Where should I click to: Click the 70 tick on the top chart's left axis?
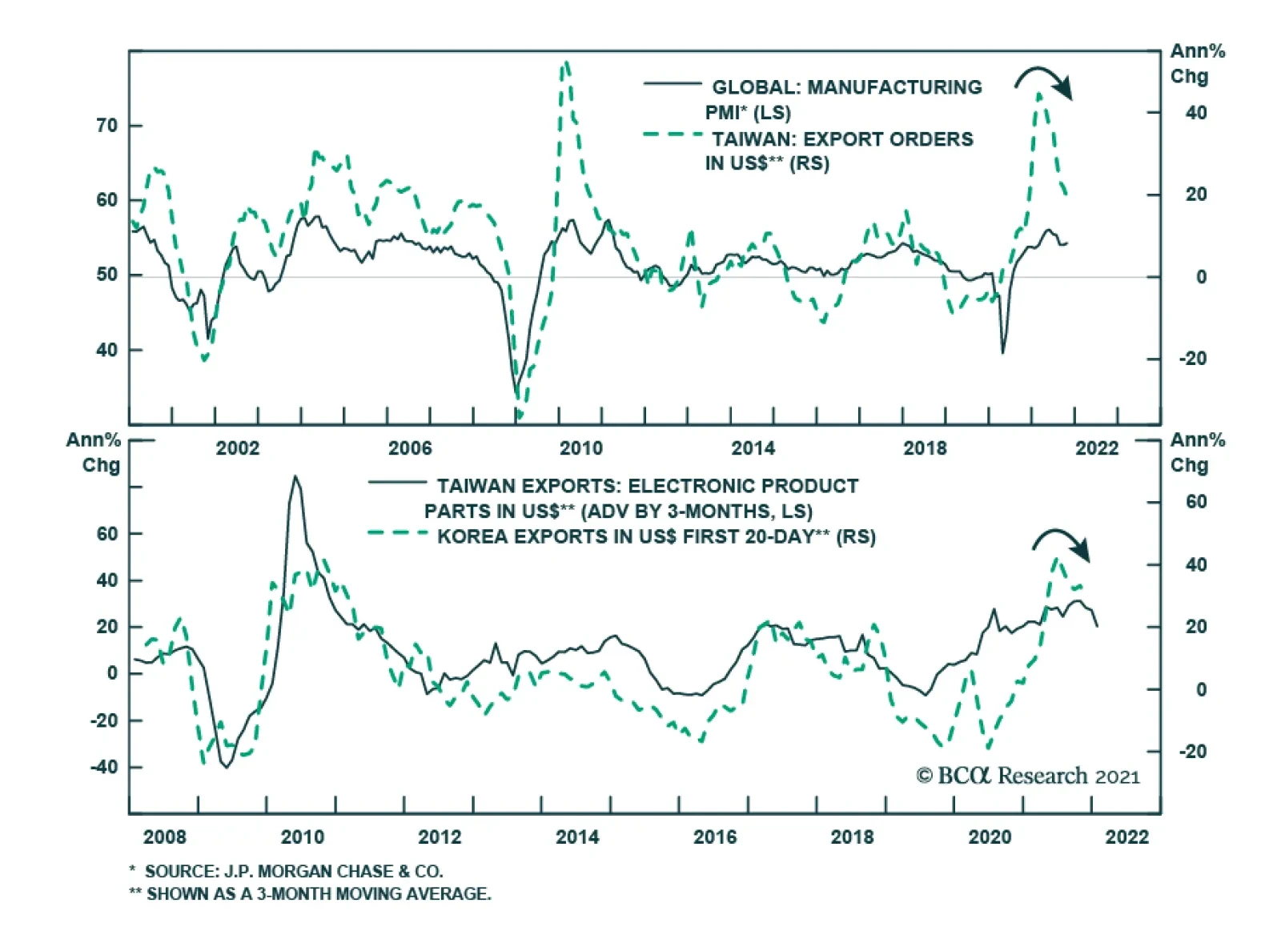point(106,126)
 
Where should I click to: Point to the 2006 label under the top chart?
point(409,448)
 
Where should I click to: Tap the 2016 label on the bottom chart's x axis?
point(714,837)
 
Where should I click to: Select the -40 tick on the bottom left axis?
point(103,767)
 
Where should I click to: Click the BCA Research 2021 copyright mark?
point(1028,776)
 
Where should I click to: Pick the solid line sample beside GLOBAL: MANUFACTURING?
point(673,83)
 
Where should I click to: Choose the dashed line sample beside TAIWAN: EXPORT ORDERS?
point(673,134)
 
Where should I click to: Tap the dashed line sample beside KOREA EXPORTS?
point(398,532)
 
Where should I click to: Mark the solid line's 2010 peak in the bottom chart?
point(295,477)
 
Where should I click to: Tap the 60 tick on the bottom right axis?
point(1196,502)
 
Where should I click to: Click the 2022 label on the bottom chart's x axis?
point(1126,837)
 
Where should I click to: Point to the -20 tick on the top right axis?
point(1192,359)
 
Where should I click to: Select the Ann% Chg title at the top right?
point(1196,63)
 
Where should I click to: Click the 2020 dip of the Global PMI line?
point(1002,352)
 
